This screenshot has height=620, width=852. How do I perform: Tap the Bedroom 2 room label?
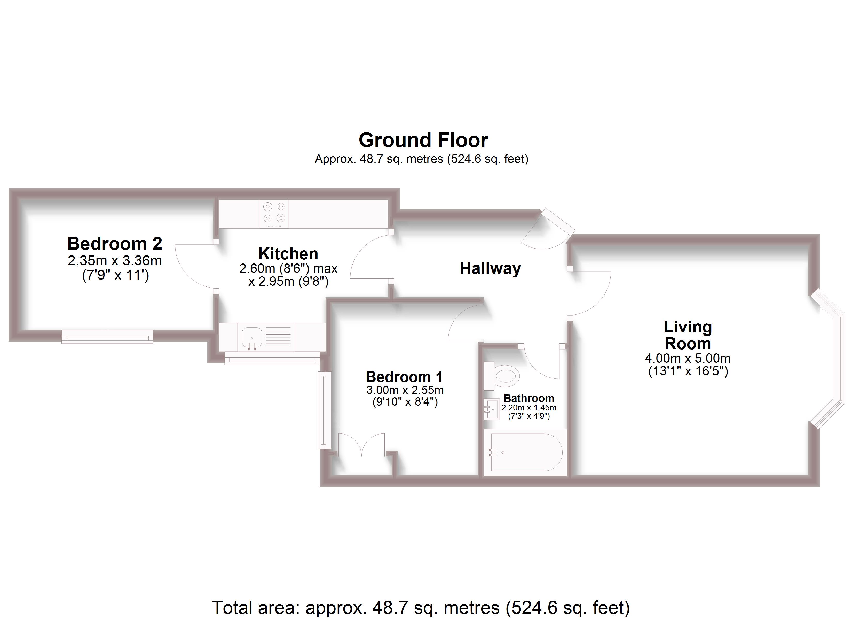[115, 244]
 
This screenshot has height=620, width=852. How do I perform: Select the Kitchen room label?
[288, 254]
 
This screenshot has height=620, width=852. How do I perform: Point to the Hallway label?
[490, 268]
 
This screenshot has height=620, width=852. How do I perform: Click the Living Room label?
[688, 335]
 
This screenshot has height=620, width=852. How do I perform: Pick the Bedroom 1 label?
[404, 377]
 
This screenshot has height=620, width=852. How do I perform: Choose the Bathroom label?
[528, 398]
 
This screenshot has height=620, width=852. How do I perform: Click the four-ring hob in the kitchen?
[274, 213]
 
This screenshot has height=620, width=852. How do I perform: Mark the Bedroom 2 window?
[107, 337]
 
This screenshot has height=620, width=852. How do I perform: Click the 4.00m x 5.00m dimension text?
[688, 358]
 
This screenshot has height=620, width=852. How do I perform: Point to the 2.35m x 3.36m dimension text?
[115, 261]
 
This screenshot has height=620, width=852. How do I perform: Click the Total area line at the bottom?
[421, 607]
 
